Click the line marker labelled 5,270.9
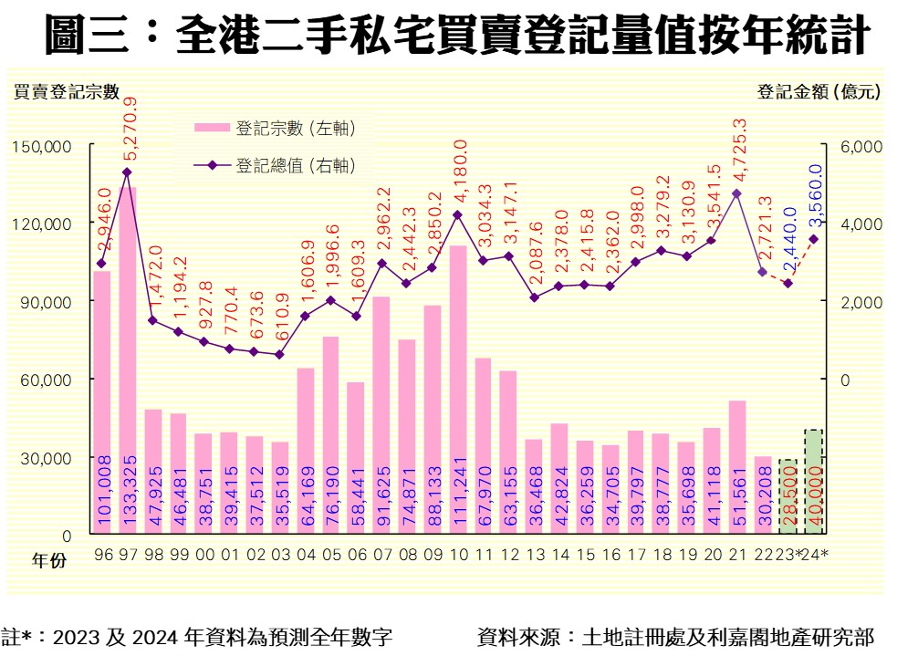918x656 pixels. point(127,172)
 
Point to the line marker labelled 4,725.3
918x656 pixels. point(737,193)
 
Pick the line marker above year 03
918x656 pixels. point(279,355)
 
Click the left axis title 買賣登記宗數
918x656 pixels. point(66,92)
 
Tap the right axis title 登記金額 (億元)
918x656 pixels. point(819,92)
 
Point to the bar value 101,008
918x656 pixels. point(102,494)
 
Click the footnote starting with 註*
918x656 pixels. point(199,636)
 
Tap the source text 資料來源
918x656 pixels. point(674,636)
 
